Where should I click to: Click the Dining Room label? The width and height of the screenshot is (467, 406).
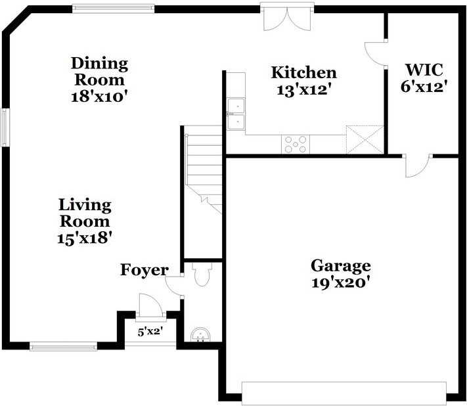pos(99,72)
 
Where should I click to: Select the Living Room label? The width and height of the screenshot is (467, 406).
pos(85,213)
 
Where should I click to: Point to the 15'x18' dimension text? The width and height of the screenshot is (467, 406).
pos(85,238)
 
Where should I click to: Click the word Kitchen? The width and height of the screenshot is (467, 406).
pos(304,73)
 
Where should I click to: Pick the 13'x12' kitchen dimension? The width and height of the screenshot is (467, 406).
pos(304,89)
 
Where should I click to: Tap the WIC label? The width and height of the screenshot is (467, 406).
pos(424,70)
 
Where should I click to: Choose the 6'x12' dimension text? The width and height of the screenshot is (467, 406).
pos(424,87)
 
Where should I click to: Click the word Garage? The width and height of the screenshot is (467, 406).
pos(341,266)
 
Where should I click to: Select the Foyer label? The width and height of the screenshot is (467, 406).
pos(144,270)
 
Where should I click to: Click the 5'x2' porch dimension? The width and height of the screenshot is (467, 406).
pos(150,332)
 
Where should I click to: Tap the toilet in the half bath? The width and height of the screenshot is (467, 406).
pos(202,274)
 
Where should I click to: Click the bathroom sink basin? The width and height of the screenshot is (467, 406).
pos(200,334)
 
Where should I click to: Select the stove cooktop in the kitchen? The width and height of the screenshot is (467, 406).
pos(296,145)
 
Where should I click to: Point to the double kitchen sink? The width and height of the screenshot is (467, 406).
pos(236,114)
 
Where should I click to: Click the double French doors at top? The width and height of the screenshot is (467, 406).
pos(288,16)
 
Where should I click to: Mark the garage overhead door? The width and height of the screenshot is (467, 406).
pos(344,394)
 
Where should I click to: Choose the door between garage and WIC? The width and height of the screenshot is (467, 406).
pos(417,166)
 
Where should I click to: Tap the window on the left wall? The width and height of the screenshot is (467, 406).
pos(5,127)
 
